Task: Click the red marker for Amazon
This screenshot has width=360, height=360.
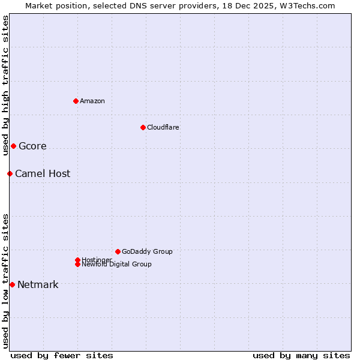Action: tap(76, 101)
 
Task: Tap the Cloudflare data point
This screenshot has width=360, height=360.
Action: tap(143, 127)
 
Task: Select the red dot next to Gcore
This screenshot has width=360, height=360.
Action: tap(13, 146)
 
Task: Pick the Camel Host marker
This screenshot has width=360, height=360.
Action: tap(10, 173)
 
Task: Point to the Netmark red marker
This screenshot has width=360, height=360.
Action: tap(12, 284)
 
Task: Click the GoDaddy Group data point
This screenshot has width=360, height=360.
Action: tap(118, 251)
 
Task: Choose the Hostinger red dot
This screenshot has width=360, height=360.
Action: tap(77, 260)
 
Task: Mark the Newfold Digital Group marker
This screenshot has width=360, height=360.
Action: tap(77, 264)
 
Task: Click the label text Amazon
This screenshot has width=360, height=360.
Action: tap(92, 101)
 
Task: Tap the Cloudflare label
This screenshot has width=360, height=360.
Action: tap(163, 127)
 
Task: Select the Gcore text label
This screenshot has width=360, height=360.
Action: tap(32, 146)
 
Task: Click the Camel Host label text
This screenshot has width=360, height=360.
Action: tap(43, 173)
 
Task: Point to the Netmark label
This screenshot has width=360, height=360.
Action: tap(38, 284)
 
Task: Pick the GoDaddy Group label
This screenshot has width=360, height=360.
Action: tap(147, 251)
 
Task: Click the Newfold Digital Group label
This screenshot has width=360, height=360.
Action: tap(116, 265)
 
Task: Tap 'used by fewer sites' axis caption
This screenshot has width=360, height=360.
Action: tap(62, 355)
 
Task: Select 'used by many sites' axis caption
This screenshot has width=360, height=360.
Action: tap(301, 355)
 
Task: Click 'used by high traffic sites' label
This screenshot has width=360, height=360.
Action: tap(5, 85)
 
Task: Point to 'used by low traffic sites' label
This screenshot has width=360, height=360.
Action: tap(5, 280)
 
